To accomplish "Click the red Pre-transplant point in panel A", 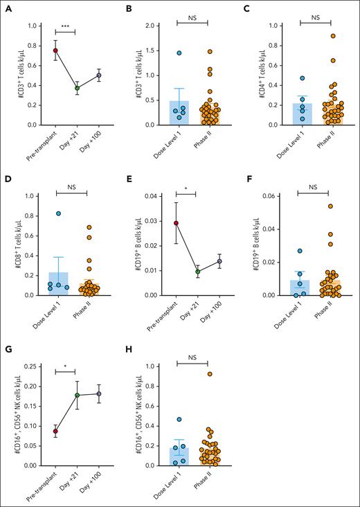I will [55, 51].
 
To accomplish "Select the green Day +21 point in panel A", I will [78, 88].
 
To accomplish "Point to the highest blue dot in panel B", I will [160, 53].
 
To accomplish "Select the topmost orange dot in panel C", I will [314, 36].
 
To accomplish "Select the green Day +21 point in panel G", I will [78, 395].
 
